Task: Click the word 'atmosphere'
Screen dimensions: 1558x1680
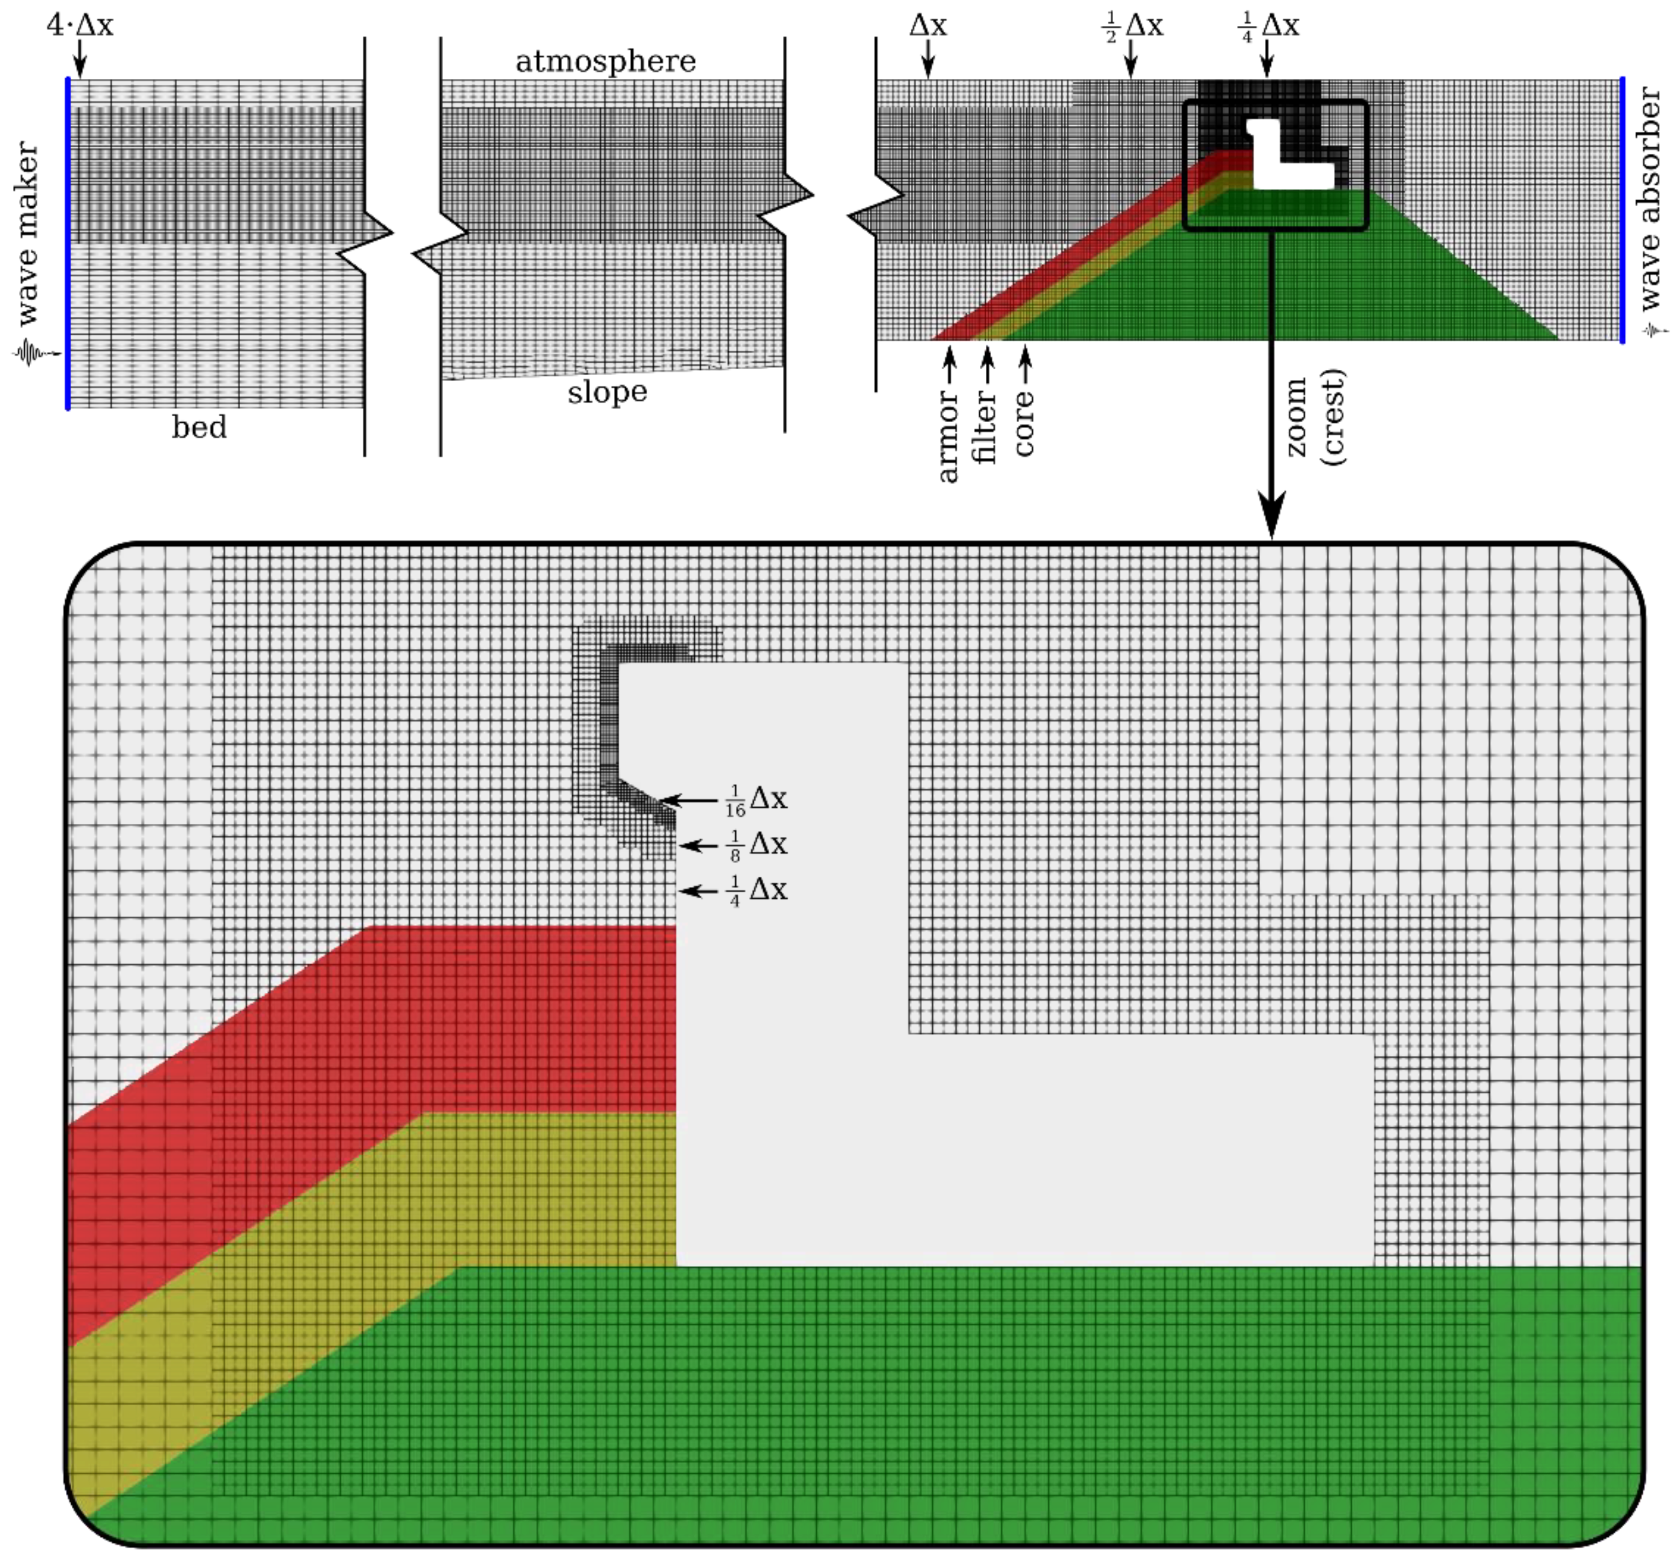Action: pos(605,62)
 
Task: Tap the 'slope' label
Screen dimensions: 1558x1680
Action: pos(607,392)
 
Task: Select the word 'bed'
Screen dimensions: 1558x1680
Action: pos(199,428)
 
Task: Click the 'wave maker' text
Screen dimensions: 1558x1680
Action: pos(28,234)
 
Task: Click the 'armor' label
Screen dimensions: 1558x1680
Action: pos(949,437)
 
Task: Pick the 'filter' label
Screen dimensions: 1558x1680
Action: pos(985,428)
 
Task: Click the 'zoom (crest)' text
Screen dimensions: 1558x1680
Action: pos(1316,417)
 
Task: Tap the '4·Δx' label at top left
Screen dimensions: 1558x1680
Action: pos(79,25)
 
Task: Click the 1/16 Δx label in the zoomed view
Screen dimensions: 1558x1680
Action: pos(756,799)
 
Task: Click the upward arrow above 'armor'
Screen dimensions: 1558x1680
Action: pos(950,364)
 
